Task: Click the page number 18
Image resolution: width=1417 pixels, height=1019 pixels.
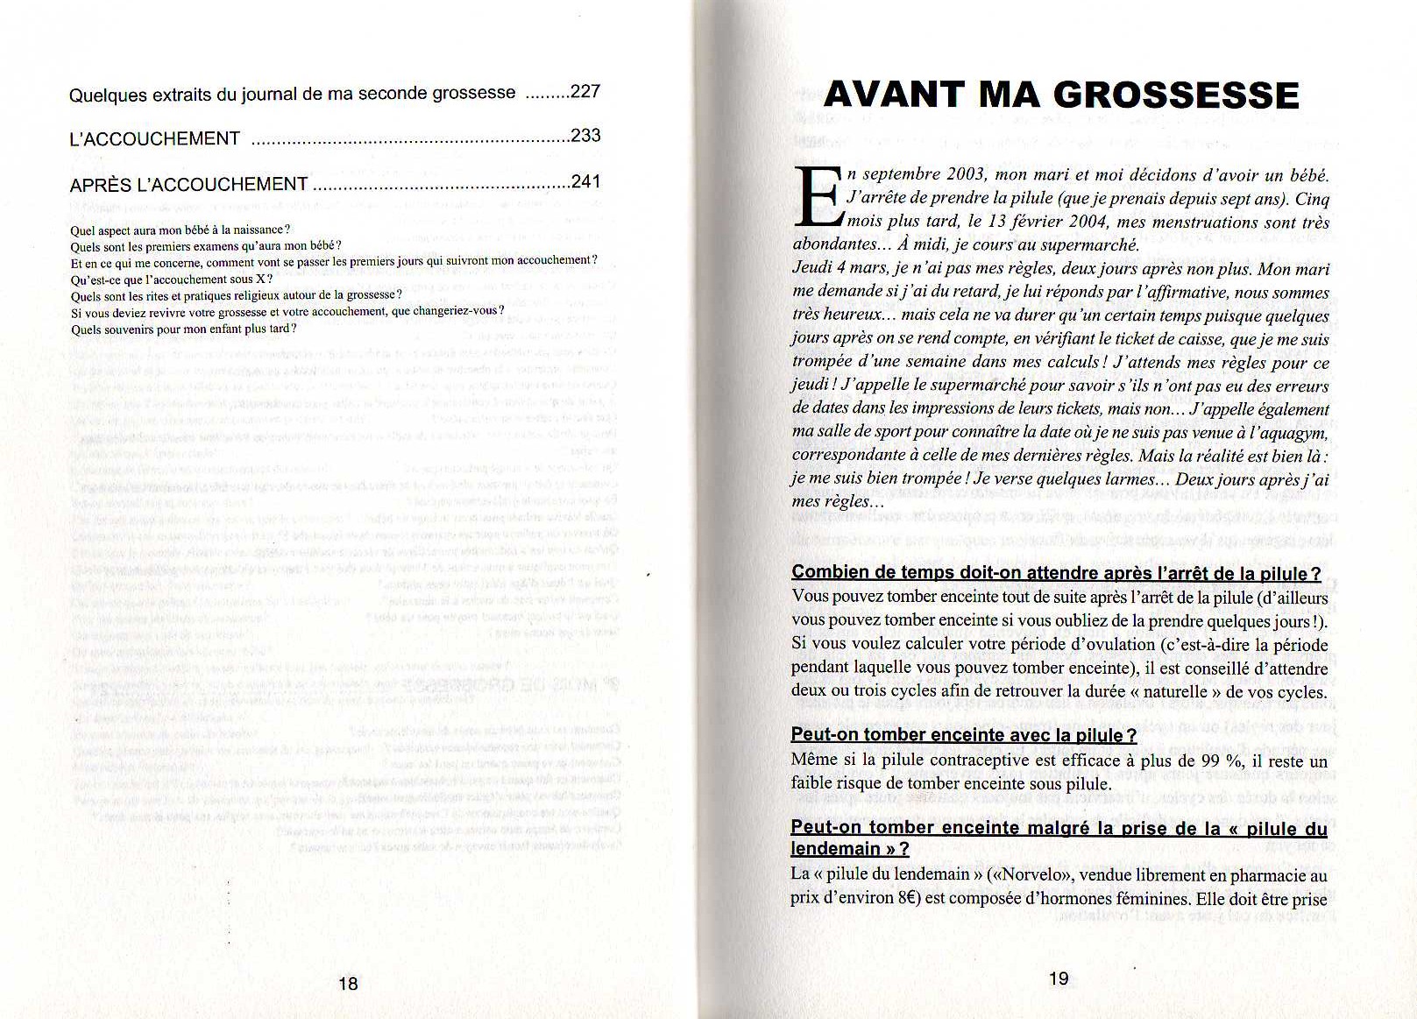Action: pos(348,983)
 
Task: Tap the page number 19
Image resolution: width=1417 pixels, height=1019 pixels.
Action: pos(1059,979)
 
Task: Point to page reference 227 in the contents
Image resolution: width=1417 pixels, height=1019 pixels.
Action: pos(585,91)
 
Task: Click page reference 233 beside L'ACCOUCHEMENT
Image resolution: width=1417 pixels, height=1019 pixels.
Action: pos(585,136)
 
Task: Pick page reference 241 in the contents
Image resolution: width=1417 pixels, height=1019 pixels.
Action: pos(585,182)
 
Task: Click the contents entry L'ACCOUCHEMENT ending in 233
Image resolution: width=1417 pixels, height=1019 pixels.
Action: pos(155,139)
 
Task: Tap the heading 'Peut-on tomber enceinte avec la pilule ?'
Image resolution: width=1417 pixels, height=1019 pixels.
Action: pos(963,735)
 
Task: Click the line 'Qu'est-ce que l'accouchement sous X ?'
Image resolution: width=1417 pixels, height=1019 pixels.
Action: pos(172,280)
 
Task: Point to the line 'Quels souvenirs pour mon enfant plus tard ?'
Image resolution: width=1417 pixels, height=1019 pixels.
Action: pos(184,329)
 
